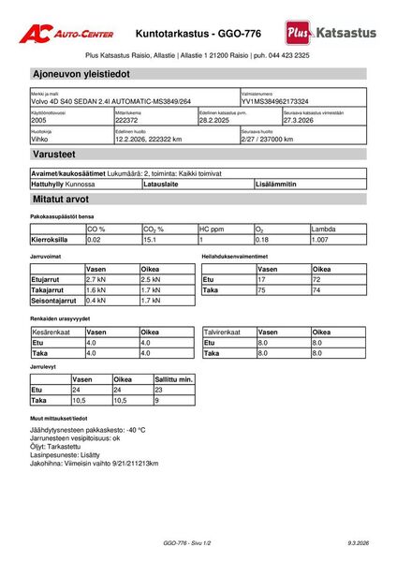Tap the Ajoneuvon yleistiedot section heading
pyautogui.click(x=81, y=73)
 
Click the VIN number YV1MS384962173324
pyautogui.click(x=274, y=101)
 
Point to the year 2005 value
pyautogui.click(x=39, y=121)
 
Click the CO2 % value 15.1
pyautogui.click(x=149, y=240)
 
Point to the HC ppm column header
pyautogui.click(x=213, y=229)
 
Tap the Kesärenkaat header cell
pyautogui.click(x=51, y=332)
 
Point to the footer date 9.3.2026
pyautogui.click(x=358, y=543)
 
